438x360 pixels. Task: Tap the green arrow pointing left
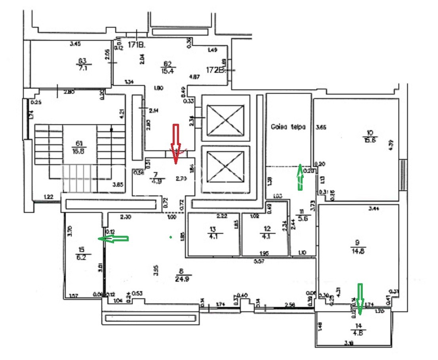click(x=114, y=238)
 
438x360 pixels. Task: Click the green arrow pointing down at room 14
click(x=360, y=299)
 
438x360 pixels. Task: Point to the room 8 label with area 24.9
click(x=182, y=275)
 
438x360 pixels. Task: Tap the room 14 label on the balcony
click(x=358, y=329)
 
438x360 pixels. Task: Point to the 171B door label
click(x=137, y=45)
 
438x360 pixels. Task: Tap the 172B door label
click(x=216, y=70)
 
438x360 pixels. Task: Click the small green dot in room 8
click(x=170, y=237)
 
